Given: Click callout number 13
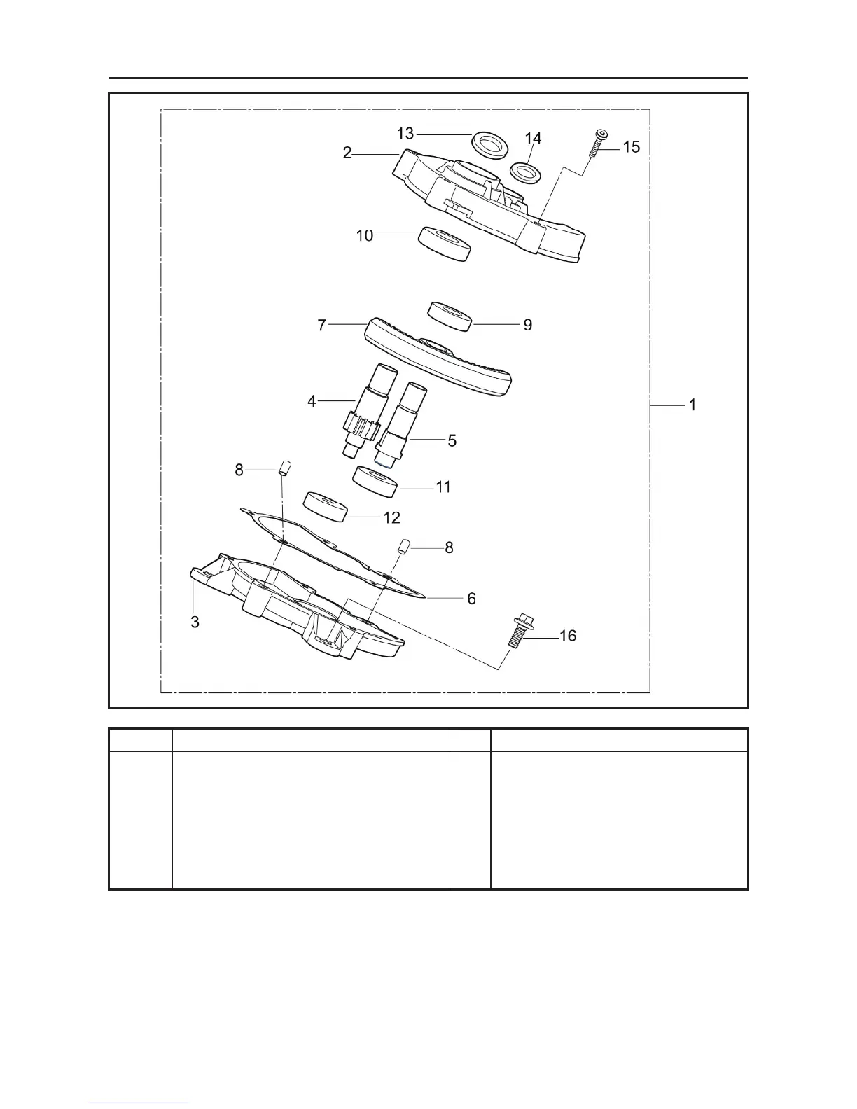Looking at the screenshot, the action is click(405, 133).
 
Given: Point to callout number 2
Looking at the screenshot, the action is click(347, 153).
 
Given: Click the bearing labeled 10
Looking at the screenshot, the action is click(443, 244).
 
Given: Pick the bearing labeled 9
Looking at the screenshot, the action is click(450, 316).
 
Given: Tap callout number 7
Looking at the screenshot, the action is click(322, 326).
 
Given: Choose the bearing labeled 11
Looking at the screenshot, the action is click(375, 482).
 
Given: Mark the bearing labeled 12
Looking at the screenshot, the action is click(326, 507).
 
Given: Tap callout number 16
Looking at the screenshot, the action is click(568, 636).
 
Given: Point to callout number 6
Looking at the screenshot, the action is click(471, 599).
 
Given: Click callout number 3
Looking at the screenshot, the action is click(195, 621).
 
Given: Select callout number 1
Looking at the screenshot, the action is click(692, 405).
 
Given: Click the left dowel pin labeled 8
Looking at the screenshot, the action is click(284, 468).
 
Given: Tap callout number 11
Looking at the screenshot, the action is click(443, 487).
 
